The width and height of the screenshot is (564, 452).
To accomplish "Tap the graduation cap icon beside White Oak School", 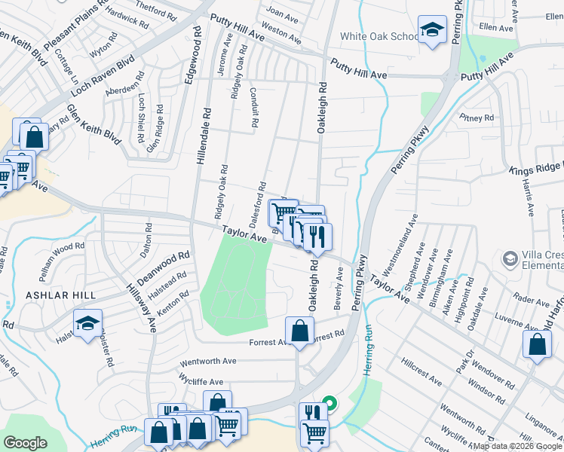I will coord(432,31).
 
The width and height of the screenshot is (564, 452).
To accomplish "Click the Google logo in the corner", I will coord(26,443).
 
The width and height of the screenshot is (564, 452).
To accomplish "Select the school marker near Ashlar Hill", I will coord(87,322).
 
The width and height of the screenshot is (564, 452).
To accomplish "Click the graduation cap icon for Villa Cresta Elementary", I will coord(510,259).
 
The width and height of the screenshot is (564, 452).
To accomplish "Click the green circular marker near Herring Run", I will coord(329,403).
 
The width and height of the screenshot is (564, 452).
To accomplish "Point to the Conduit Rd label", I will coord(255,104).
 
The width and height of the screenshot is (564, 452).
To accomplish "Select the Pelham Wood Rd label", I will coord(63,247).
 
